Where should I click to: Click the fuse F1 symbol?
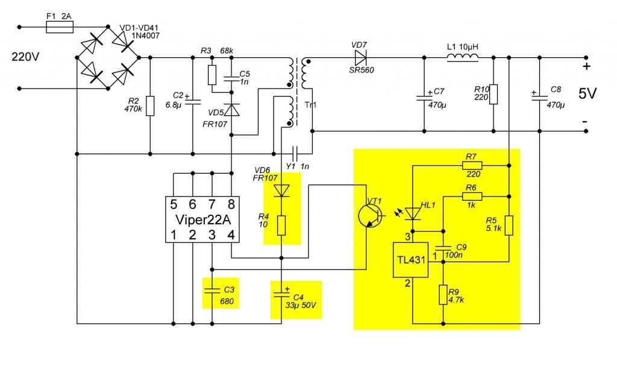pos(60,27)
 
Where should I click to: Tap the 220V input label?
pos(25,58)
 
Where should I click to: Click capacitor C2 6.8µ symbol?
pos(193,102)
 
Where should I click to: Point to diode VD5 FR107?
pos(232,110)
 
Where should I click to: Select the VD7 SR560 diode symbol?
pos(361,58)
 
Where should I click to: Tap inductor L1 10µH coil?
pos(462,57)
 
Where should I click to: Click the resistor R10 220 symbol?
pos(493,94)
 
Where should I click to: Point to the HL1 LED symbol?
pos(413,213)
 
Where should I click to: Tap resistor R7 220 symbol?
pos(471,165)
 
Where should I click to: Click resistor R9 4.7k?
pos(443,295)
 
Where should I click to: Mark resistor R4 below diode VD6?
pos(281,225)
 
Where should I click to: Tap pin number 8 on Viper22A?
pos(231,204)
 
